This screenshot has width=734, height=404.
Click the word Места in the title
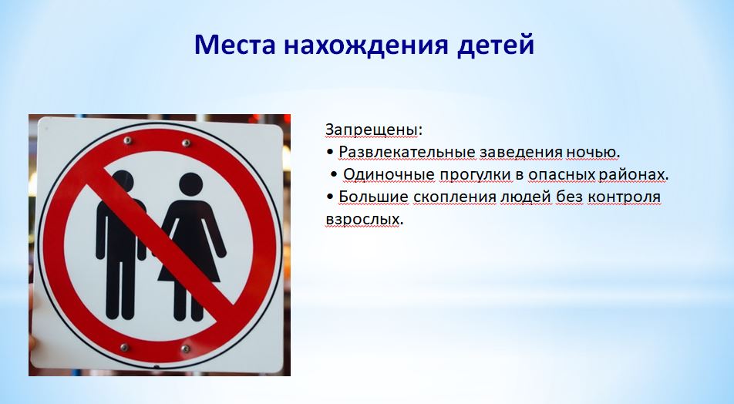[x=234, y=45]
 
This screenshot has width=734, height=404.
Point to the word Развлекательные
[x=407, y=152]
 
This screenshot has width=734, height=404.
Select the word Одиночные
[x=389, y=174]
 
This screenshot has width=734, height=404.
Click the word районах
[x=631, y=174]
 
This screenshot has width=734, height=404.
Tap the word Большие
[x=373, y=197]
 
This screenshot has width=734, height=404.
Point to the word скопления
[x=455, y=197]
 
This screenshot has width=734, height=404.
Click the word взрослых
[x=363, y=220]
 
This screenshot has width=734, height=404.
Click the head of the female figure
[x=191, y=184]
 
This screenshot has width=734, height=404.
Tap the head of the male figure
[x=123, y=182]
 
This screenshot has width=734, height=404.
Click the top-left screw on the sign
[x=127, y=140]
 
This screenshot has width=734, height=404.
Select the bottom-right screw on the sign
[x=186, y=348]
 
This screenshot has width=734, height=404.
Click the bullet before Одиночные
[x=334, y=174]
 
